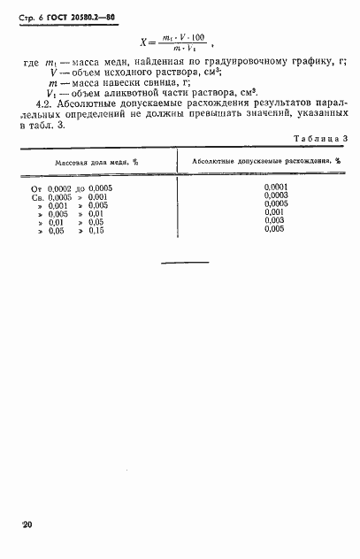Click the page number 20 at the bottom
pos(26,525)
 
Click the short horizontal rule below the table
pos(186,263)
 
